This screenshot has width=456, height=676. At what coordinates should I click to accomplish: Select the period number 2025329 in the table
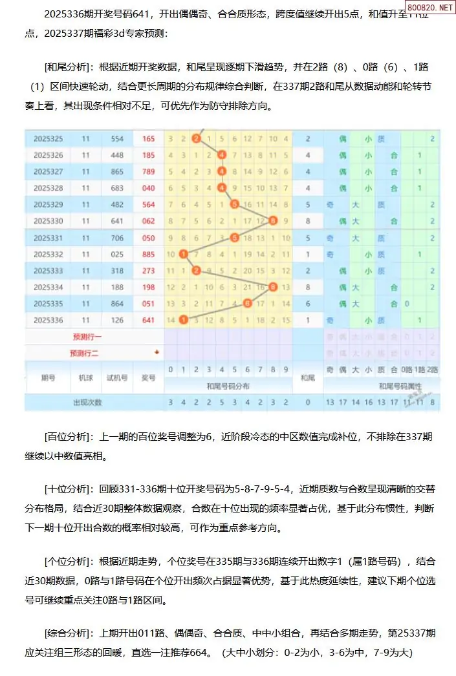pos(49,204)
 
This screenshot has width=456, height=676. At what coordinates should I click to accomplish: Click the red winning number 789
pos(149,171)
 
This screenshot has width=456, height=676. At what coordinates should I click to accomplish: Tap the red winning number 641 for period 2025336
pos(149,319)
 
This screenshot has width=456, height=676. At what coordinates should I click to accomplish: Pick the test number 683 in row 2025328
pos(117,188)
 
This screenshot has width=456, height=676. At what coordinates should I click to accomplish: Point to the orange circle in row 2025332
pos(184,254)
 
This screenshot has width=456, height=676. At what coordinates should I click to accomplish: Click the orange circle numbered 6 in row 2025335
pos(247,303)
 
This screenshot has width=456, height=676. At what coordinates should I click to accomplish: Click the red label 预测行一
pos(87,337)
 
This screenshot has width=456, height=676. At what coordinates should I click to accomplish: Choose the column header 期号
pos(49,377)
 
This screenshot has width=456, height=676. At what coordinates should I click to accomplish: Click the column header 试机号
pos(117,377)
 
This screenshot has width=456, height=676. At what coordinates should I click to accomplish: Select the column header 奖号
pos(149,377)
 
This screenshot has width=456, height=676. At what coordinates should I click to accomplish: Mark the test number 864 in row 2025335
pos(117,303)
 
